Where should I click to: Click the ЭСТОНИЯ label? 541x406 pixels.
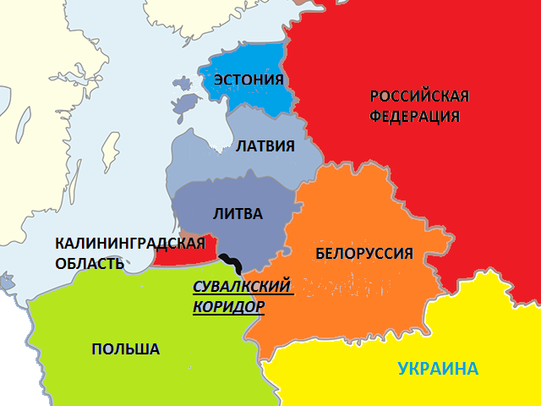[x=248, y=80]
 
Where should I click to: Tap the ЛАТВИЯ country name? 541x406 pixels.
[x=265, y=146]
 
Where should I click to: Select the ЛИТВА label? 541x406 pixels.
[x=240, y=214]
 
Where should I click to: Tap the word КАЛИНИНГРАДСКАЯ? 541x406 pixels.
[x=130, y=244]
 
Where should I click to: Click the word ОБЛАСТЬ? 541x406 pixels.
[x=90, y=263]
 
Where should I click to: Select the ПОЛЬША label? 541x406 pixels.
[x=125, y=349]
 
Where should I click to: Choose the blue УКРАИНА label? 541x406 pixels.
[x=438, y=369]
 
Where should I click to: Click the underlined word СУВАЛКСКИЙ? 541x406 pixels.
[x=243, y=286]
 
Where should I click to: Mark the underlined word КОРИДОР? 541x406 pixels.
[x=228, y=306]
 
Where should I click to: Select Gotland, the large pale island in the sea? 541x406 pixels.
[x=108, y=150]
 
